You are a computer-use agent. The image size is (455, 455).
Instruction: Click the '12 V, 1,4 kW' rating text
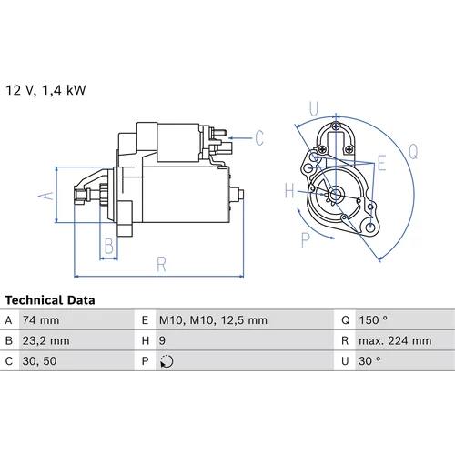[x=45, y=90]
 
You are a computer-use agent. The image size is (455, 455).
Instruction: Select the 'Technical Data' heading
[x=50, y=300]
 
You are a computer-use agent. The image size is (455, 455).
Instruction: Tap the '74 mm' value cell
[x=41, y=320]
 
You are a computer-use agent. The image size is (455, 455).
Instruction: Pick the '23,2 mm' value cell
[x=45, y=341]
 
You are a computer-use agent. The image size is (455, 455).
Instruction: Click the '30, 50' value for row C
[x=39, y=361]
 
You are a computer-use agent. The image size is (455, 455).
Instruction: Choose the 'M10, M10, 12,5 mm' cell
[x=213, y=320]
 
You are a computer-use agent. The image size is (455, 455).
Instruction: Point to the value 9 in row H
[x=162, y=341]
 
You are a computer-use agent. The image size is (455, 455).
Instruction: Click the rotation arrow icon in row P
[x=167, y=361]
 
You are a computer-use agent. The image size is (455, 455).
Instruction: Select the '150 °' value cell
[x=373, y=320]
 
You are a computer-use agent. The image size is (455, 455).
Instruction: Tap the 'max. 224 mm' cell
[x=395, y=341]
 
